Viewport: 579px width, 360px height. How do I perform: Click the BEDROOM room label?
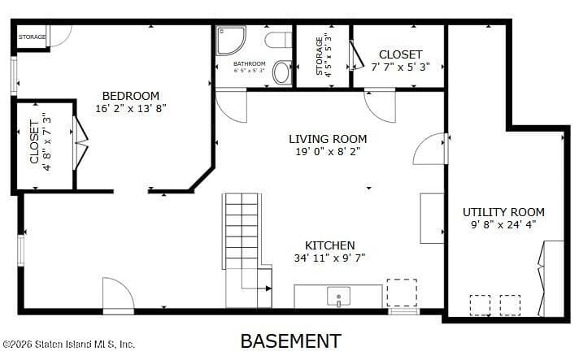[130, 96]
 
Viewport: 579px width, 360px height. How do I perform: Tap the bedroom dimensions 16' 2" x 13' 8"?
[130, 108]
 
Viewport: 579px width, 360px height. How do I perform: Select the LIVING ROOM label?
[328, 139]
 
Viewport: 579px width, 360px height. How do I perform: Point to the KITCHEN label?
[329, 245]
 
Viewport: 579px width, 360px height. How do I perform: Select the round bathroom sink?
[282, 73]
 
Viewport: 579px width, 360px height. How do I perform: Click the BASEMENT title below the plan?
[290, 340]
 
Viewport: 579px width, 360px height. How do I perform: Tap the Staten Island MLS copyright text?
[68, 344]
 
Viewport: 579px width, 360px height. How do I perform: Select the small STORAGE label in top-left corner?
[33, 37]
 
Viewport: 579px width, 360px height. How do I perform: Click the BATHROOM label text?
[249, 63]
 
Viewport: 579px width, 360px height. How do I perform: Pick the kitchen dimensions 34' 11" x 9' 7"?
[329, 258]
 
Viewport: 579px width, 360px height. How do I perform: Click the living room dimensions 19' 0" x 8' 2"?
[328, 151]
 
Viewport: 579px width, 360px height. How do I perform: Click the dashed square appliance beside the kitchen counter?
[401, 293]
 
